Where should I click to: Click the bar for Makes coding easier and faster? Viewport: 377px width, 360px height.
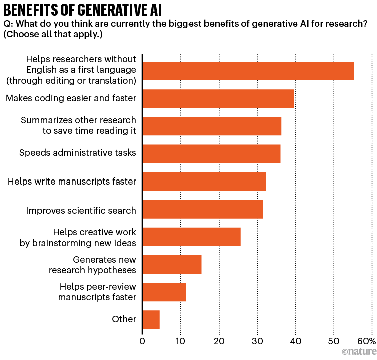click(x=218, y=98)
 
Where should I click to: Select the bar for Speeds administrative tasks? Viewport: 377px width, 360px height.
click(x=212, y=153)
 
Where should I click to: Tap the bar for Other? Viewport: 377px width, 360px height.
click(x=151, y=319)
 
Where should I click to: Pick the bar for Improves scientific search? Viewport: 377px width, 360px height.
click(x=203, y=209)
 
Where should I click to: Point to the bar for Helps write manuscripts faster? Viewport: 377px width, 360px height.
click(x=205, y=181)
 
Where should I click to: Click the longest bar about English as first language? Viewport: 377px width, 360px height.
click(x=249, y=71)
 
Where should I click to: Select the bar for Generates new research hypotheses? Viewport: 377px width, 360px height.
click(x=172, y=264)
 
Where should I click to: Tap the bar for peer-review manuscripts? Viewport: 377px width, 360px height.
click(x=164, y=292)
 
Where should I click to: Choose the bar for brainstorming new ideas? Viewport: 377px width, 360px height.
click(x=192, y=237)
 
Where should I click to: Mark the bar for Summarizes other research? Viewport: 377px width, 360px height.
click(x=212, y=126)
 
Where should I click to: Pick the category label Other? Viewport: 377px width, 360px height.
click(x=124, y=319)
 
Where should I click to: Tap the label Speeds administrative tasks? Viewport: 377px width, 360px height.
click(x=78, y=153)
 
